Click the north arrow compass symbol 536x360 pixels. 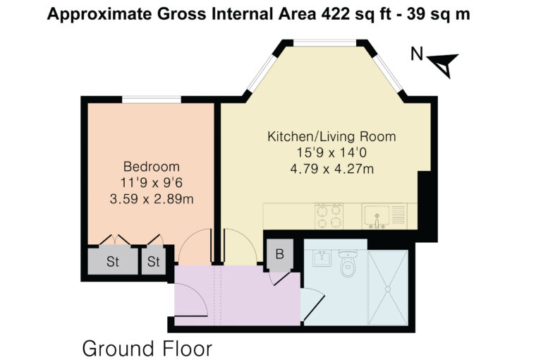pyautogui.click(x=444, y=64)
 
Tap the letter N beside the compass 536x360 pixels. pyautogui.click(x=417, y=54)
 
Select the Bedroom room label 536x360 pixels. pyautogui.click(x=152, y=167)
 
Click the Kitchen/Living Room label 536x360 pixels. pyautogui.click(x=331, y=136)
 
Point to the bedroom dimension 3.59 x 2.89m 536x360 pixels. pyautogui.click(x=152, y=199)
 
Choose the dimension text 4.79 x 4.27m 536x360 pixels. pyautogui.click(x=331, y=169)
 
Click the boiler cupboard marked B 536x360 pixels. pyautogui.click(x=280, y=255)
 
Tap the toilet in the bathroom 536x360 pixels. pyautogui.click(x=348, y=263)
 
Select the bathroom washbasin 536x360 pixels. pyautogui.click(x=322, y=258)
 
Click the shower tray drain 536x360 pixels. pyautogui.click(x=388, y=289)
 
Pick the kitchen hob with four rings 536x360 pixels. pyautogui.click(x=329, y=216)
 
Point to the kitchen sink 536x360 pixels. pyautogui.click(x=377, y=216)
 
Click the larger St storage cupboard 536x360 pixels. pyautogui.click(x=113, y=260)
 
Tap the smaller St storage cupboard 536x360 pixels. pyautogui.click(x=154, y=261)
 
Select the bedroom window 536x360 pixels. pyautogui.click(x=152, y=100)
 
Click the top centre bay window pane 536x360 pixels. pyautogui.click(x=324, y=43)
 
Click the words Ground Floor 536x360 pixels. pyautogui.click(x=147, y=349)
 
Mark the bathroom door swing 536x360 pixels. pyautogui.click(x=312, y=304)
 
